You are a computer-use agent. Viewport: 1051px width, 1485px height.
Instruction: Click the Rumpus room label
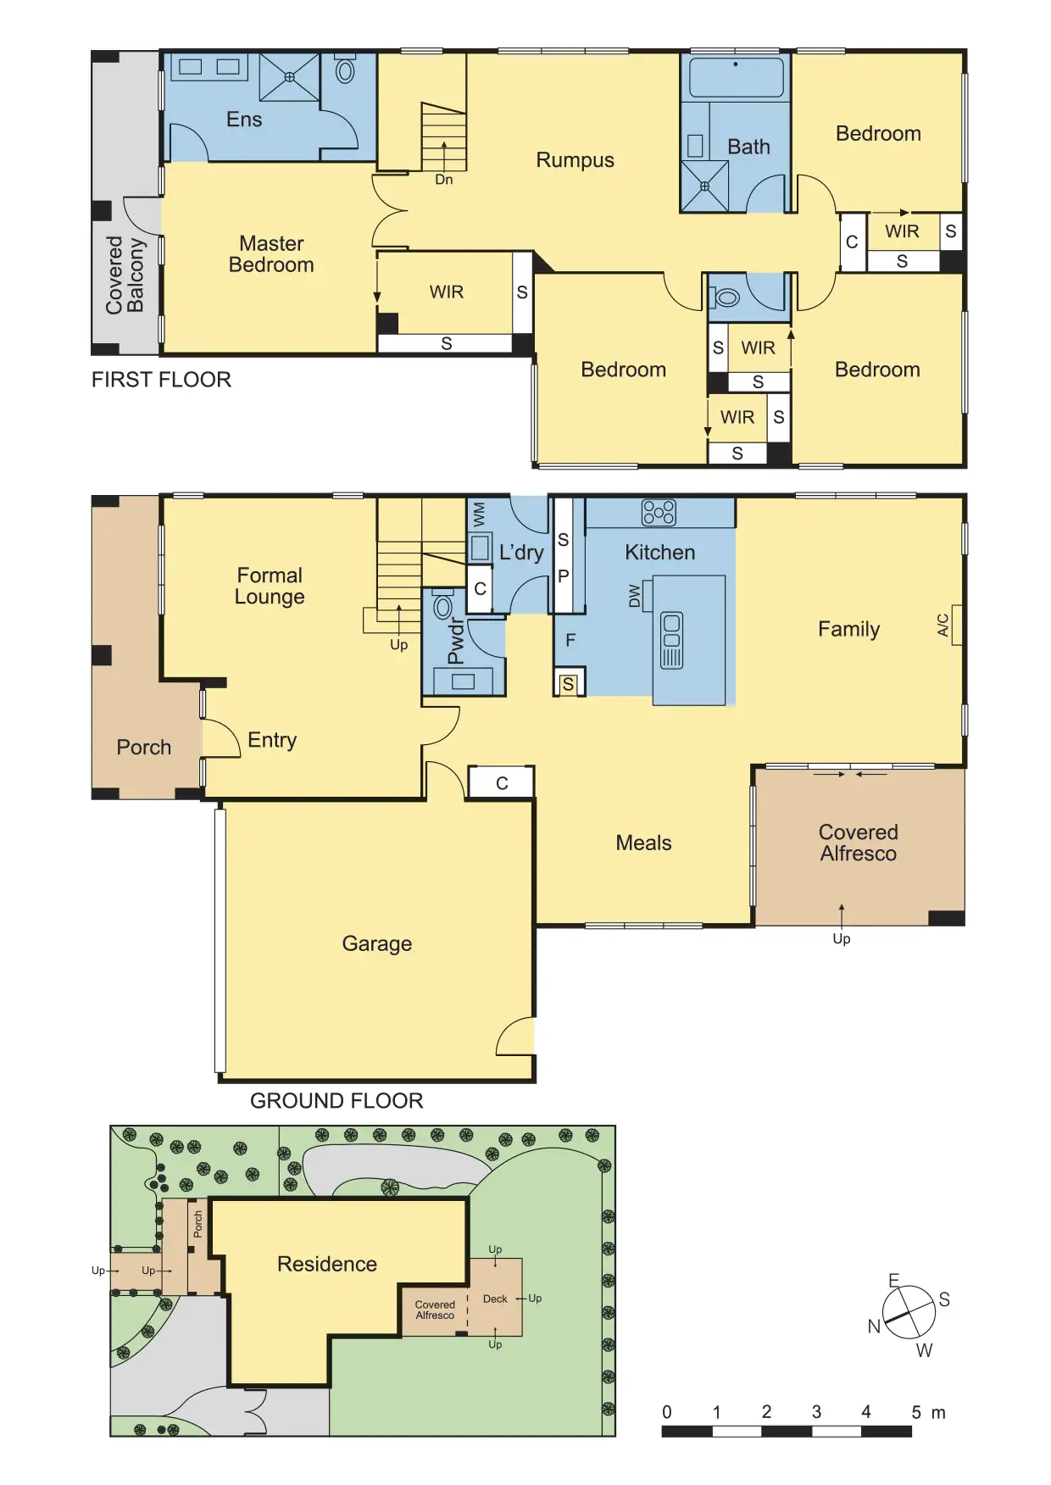pos(575,160)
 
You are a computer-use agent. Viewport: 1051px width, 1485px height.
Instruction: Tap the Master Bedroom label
pos(271,254)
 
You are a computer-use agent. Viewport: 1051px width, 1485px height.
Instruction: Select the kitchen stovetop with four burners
pos(659,513)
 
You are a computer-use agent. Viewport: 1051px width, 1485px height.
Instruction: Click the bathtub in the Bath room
pos(736,78)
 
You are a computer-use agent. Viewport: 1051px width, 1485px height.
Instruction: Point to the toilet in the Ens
pos(345,69)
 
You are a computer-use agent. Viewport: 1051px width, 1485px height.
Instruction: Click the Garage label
pos(377,943)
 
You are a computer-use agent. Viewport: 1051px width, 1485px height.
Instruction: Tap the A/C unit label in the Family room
pos(943,625)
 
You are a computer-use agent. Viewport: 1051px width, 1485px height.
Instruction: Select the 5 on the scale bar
pos(916,1412)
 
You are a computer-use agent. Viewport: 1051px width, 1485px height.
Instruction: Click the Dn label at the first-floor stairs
pos(444,180)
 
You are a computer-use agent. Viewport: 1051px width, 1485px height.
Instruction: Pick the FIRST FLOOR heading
pos(161,380)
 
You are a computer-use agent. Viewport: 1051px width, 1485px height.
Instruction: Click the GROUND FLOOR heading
pos(336,1101)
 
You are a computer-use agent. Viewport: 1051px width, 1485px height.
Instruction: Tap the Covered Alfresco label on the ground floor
pos(859,843)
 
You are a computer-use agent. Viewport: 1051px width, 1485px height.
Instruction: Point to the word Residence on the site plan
pos(327,1264)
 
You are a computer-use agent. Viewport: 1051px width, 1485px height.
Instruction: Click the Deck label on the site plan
pos(495,1299)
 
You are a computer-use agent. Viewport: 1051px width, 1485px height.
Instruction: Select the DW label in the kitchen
pos(635,596)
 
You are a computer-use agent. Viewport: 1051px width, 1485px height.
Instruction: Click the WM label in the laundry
pos(479,514)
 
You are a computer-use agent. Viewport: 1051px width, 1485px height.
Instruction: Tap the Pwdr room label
pos(456,641)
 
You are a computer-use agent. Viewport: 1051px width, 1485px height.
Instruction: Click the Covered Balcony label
pos(125,275)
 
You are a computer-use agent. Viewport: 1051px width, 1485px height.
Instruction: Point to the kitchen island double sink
pos(671,640)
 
